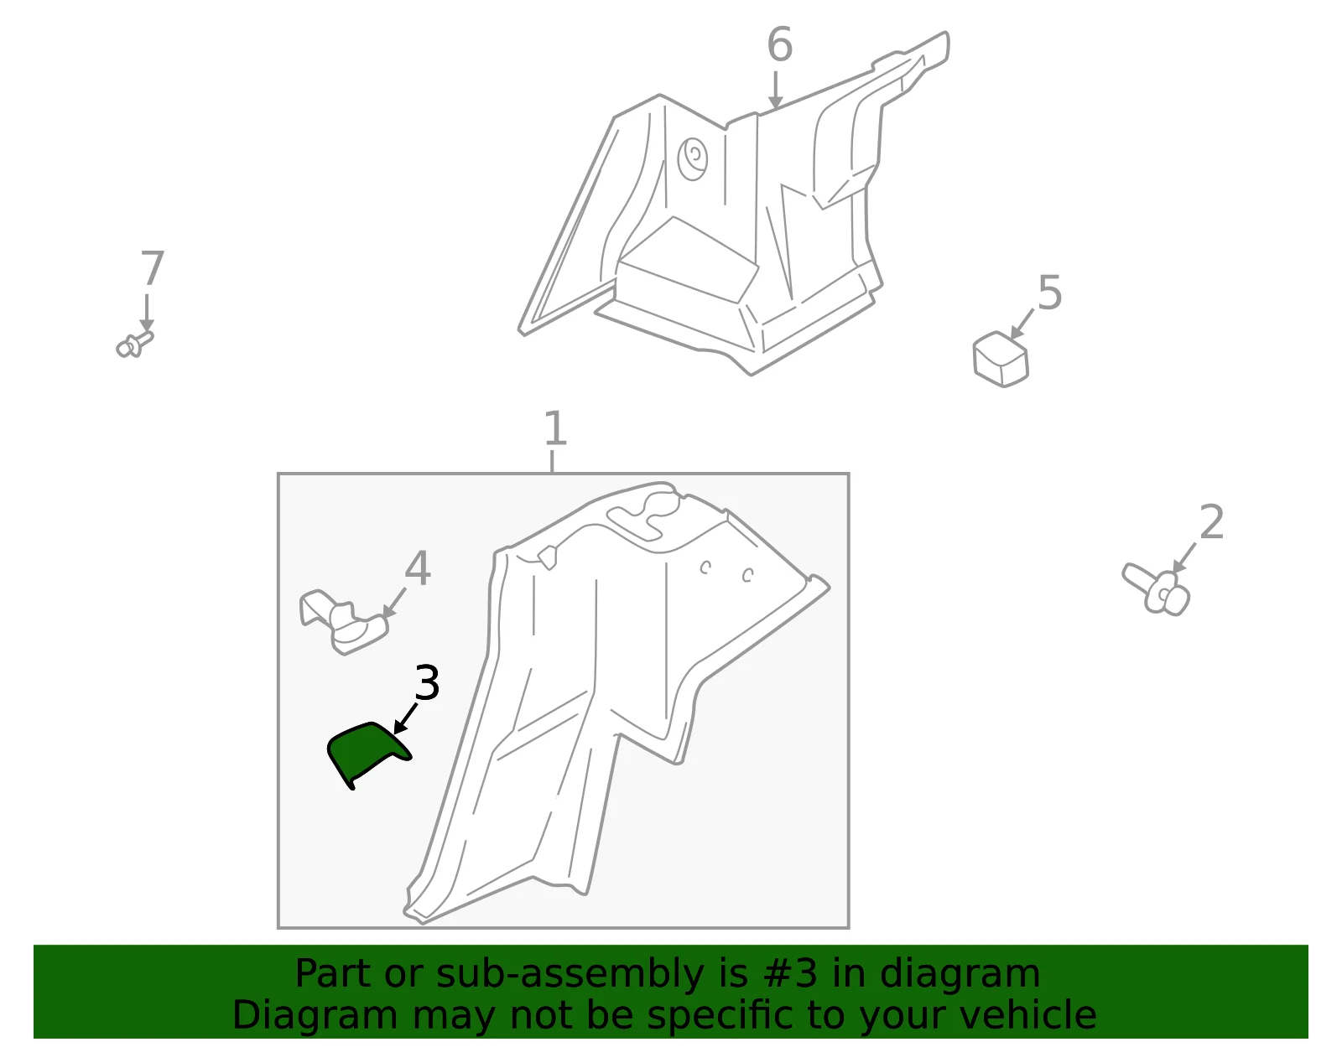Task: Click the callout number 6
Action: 779,44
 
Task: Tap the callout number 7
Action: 152,267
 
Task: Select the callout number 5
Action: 1050,293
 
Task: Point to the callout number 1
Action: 554,429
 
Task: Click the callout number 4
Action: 418,568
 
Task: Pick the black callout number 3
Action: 427,683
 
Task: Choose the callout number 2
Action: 1211,522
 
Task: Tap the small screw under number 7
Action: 135,344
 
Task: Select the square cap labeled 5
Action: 1001,359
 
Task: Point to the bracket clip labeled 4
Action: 343,622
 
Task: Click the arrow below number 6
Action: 776,90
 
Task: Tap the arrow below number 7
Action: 147,313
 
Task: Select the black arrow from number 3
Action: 405,718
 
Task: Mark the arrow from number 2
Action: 1184,558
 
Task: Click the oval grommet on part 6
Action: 693,158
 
